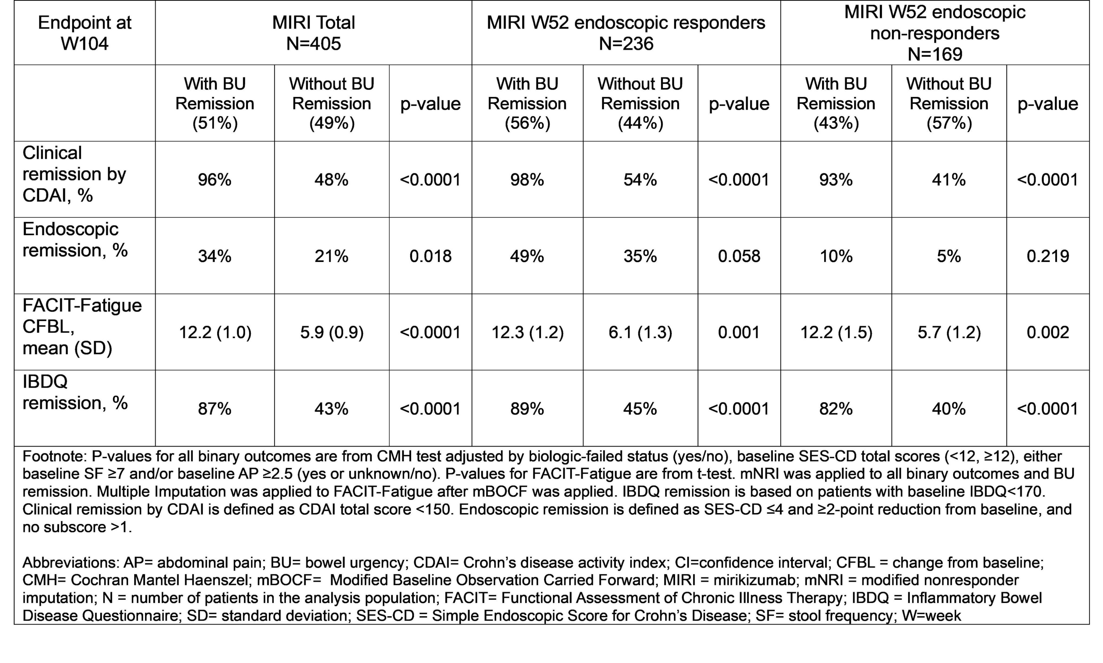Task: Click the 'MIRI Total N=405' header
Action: coord(314,33)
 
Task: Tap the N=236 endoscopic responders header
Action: coord(626,33)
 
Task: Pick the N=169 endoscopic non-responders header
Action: coord(935,33)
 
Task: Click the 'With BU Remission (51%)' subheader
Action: coord(215,103)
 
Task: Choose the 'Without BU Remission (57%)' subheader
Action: coord(949,103)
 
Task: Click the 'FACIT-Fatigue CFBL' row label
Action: coord(82,327)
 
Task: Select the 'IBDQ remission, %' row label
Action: coord(75,392)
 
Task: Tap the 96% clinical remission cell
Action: coord(215,180)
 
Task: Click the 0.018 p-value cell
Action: coord(431,256)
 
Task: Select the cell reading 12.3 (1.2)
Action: coord(528,332)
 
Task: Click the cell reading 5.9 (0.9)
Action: coord(332,332)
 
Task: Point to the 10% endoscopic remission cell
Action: coord(836,256)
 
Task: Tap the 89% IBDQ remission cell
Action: coord(527,409)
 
